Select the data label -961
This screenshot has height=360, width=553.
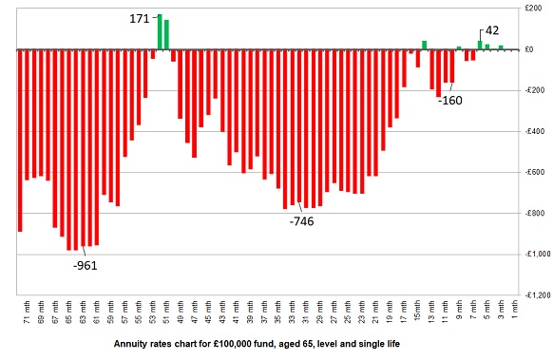(86, 265)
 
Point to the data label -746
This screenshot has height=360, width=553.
(301, 220)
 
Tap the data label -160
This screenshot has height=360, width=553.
(450, 100)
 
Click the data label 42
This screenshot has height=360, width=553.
(492, 30)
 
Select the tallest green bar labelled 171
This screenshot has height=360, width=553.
(160, 32)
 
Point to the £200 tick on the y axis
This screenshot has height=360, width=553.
(535, 9)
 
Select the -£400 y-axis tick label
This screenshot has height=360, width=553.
(534, 131)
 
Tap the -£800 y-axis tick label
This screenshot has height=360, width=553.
(534, 213)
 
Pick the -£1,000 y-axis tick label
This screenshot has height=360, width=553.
(532, 254)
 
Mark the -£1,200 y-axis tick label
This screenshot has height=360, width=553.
(532, 294)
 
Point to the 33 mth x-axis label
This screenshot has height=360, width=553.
(288, 313)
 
